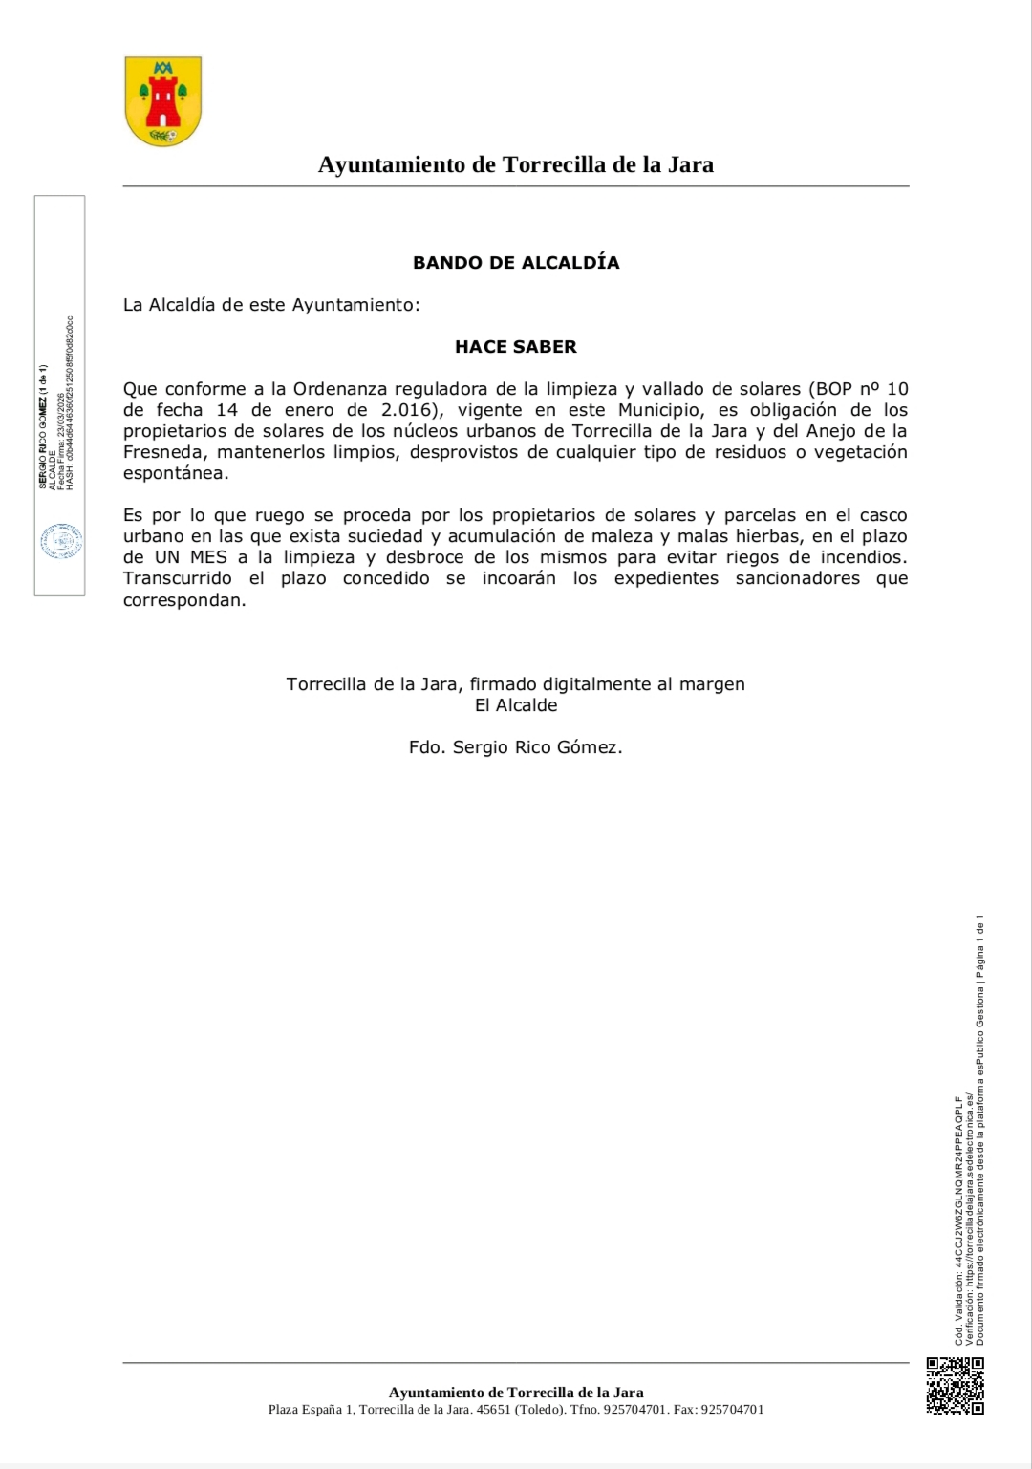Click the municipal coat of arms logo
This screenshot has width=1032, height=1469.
[x=163, y=101]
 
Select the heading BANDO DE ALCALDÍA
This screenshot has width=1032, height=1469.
[x=516, y=263]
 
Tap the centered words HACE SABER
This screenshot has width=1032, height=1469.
[x=516, y=347]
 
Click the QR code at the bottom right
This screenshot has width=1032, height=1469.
[x=955, y=1385]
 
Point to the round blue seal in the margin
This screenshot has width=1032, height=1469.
[x=61, y=542]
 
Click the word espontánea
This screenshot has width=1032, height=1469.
[x=175, y=473]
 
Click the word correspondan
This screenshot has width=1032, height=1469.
[x=183, y=600]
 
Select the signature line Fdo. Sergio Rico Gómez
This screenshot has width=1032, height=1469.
[x=516, y=747]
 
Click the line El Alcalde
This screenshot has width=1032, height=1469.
[x=516, y=705]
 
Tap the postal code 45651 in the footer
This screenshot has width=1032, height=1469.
[x=493, y=1410]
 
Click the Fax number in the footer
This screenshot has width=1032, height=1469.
[x=731, y=1410]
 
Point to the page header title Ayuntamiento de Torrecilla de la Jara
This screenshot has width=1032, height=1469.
[x=516, y=165]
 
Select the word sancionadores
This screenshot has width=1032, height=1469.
[x=798, y=578]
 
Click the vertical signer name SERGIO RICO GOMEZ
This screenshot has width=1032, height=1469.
[x=42, y=426]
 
